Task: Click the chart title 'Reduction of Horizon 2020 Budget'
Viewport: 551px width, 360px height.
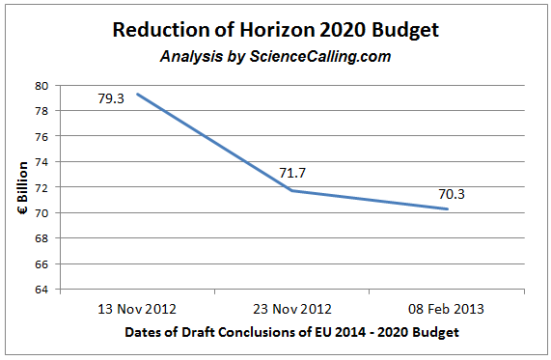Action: point(275,30)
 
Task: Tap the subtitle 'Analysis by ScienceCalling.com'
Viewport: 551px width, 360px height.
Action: point(275,56)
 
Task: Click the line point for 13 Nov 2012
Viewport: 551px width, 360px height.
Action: point(137,94)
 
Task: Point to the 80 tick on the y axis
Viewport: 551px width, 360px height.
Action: point(44,86)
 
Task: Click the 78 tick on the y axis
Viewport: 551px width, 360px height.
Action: point(44,111)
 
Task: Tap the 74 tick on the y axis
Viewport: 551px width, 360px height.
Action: point(44,162)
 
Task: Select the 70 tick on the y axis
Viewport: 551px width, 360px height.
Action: point(44,213)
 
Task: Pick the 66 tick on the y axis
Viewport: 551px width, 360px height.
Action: point(44,263)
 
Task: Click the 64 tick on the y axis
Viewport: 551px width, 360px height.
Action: point(44,290)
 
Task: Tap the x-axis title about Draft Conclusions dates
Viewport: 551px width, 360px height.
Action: point(292,333)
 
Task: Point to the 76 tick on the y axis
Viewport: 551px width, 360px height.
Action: point(44,137)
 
